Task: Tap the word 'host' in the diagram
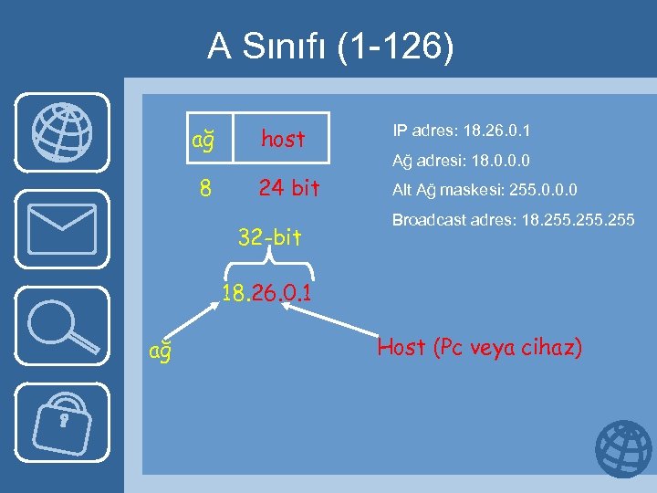pyautogui.click(x=283, y=139)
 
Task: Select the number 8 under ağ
pyautogui.click(x=206, y=189)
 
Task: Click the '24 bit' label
pyautogui.click(x=289, y=188)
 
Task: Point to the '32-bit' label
pyautogui.click(x=269, y=238)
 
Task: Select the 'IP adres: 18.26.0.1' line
pyautogui.click(x=462, y=131)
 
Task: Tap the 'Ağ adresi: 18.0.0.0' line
pyautogui.click(x=462, y=162)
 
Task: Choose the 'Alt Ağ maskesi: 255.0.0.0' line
pyautogui.click(x=485, y=191)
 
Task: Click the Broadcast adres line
pyautogui.click(x=513, y=221)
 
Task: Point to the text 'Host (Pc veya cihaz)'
pyautogui.click(x=480, y=348)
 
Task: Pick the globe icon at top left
pyautogui.click(x=61, y=131)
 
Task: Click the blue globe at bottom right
pyautogui.click(x=623, y=450)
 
